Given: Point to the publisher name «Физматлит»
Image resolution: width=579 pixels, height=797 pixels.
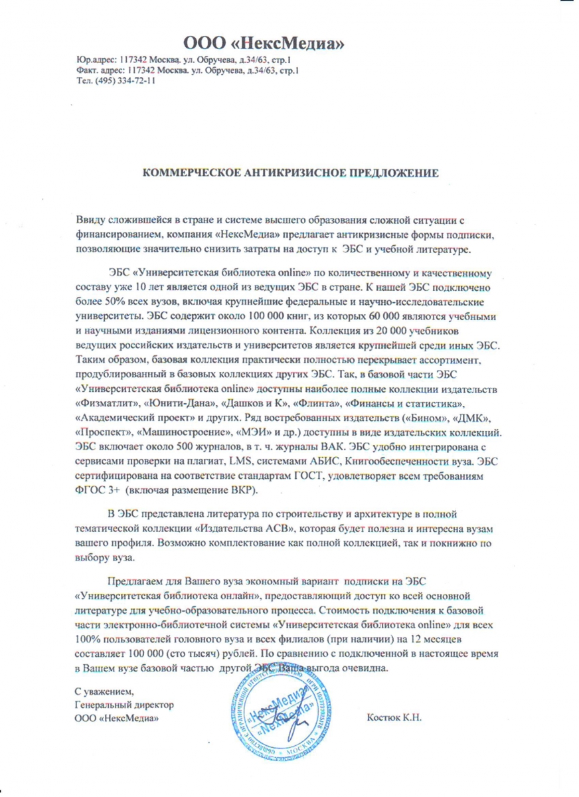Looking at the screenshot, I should click(x=104, y=403).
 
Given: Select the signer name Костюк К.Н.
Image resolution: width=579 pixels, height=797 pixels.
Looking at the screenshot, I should click(x=395, y=718).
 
